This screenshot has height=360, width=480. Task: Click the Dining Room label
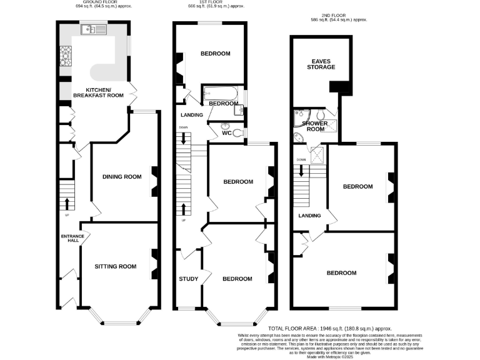122,177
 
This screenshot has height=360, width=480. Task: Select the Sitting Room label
115,266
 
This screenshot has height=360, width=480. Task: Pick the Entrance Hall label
72,239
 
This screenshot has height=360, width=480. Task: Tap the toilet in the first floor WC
237,131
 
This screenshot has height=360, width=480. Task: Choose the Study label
188,279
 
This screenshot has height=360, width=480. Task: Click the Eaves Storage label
321,64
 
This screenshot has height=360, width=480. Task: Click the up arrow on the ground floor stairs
66,203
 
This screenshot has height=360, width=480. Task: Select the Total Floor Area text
329,328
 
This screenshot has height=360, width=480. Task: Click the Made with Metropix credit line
329,357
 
